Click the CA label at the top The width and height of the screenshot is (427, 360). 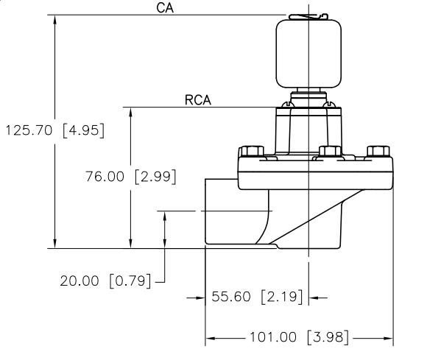(164, 8)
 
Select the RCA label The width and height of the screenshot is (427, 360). (198, 100)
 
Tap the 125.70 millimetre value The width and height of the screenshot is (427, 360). (30, 131)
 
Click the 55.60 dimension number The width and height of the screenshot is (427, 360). (233, 297)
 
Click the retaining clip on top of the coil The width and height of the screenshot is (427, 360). (305, 15)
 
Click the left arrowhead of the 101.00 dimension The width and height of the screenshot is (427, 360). (210, 339)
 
